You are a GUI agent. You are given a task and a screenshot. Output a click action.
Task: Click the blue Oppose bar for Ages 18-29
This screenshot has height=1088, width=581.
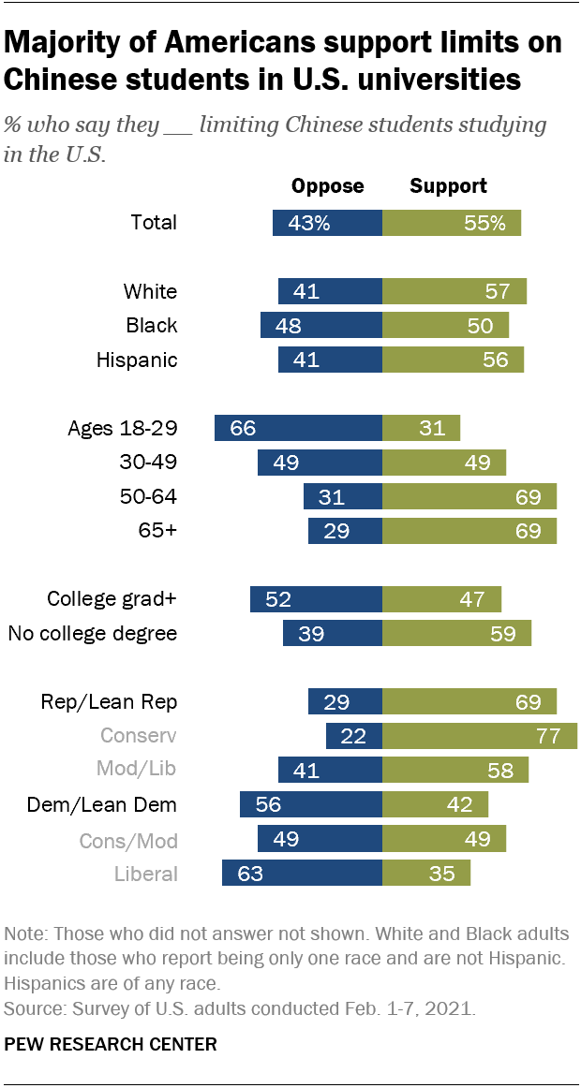click(299, 428)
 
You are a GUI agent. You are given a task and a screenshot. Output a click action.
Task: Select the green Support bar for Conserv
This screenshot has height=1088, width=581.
click(480, 736)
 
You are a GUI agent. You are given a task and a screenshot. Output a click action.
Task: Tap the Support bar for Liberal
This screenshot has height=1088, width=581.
click(426, 873)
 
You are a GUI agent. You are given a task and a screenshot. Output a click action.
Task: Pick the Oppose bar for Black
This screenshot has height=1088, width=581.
click(321, 326)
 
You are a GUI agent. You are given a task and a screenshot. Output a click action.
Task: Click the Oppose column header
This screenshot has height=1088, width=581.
click(328, 186)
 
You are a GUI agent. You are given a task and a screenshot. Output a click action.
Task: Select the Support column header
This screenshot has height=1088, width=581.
click(449, 186)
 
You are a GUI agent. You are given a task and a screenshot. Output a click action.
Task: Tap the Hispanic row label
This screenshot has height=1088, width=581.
click(137, 360)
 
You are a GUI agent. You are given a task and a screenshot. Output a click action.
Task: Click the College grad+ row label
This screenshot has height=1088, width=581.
click(112, 599)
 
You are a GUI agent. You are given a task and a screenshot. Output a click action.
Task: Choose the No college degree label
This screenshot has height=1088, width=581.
click(93, 634)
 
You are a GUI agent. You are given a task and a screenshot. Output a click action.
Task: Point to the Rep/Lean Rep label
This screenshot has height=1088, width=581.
click(109, 702)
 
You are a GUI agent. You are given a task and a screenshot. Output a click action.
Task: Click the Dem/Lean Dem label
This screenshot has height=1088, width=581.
click(102, 805)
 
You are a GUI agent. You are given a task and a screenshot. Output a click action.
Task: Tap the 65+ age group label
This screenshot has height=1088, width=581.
click(157, 531)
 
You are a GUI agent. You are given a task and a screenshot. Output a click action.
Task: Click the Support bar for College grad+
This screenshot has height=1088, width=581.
click(441, 599)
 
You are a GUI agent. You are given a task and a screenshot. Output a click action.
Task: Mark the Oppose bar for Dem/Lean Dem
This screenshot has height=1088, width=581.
click(311, 804)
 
